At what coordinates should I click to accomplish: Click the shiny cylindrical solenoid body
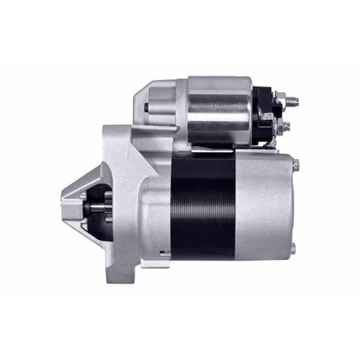(220, 112)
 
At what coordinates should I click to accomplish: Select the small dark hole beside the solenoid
(146, 109)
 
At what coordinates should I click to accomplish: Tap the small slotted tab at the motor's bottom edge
(165, 251)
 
